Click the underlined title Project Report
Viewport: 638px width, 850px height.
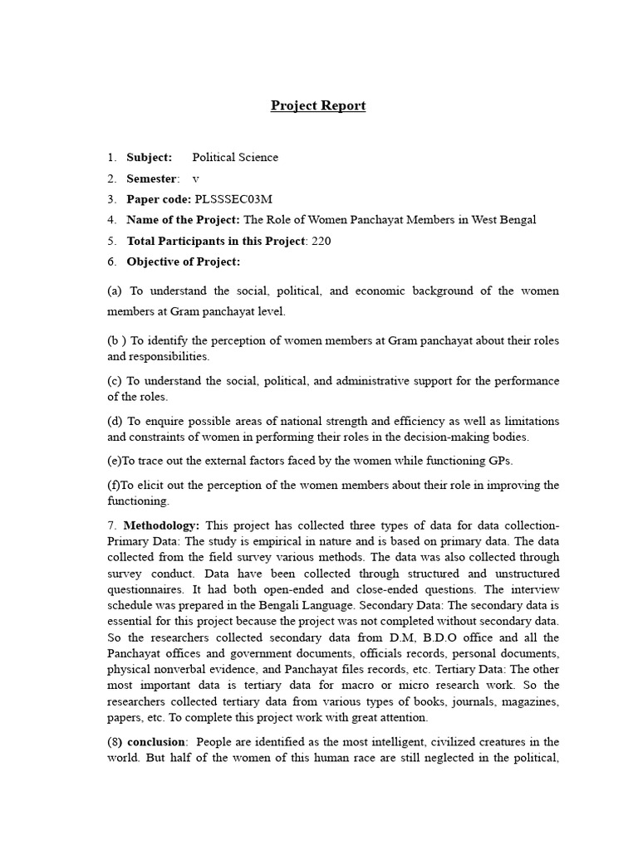pyautogui.click(x=318, y=106)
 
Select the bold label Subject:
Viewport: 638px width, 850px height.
pyautogui.click(x=150, y=158)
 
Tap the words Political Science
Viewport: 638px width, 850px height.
pyautogui.click(x=235, y=158)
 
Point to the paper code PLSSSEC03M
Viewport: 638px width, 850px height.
pyautogui.click(x=233, y=199)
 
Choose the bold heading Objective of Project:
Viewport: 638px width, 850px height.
pyautogui.click(x=183, y=261)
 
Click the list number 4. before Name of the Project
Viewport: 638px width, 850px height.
pyautogui.click(x=112, y=220)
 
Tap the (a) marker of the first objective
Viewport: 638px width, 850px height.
pyautogui.click(x=115, y=291)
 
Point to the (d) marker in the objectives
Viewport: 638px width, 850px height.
pyautogui.click(x=115, y=421)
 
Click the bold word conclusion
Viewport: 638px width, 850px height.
pyautogui.click(x=155, y=742)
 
